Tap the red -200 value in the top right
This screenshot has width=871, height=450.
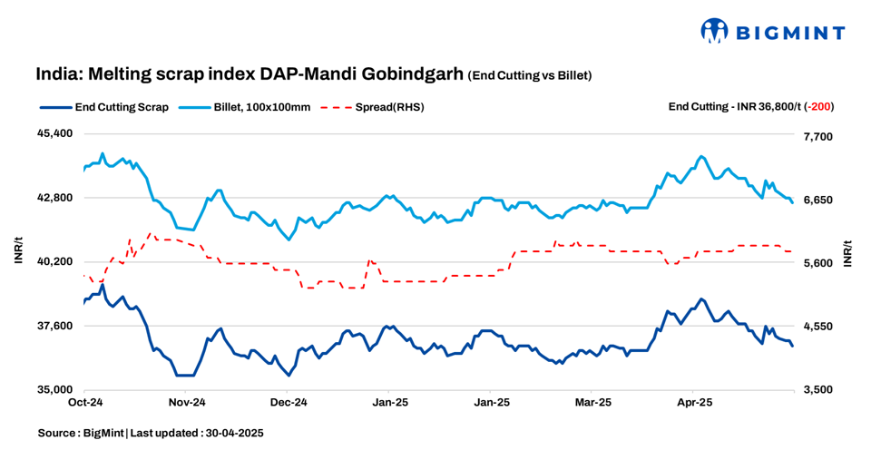pos(820,106)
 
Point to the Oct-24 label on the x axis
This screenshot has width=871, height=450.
pos(84,401)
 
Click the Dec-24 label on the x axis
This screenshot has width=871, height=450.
pos(289,401)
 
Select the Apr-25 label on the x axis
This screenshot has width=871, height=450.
pos(694,401)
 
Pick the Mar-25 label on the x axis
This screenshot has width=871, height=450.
pos(592,401)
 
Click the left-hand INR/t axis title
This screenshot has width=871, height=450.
pos(19,249)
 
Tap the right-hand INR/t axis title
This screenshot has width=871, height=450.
pos(849,254)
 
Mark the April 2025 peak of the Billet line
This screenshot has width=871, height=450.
pos(701,156)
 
